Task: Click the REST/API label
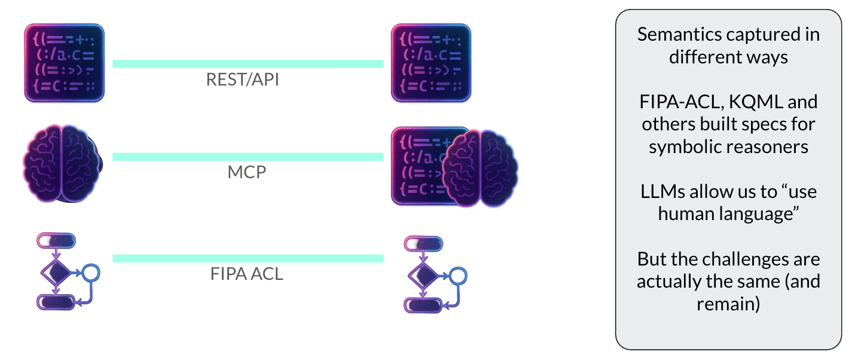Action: click(x=242, y=80)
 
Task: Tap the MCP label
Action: click(x=246, y=172)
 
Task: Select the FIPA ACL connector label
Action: click(x=246, y=274)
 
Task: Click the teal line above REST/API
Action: click(x=248, y=63)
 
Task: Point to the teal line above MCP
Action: click(x=248, y=157)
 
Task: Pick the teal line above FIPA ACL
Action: click(x=248, y=258)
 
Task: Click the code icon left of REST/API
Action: click(x=64, y=62)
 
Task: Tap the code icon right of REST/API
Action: click(x=430, y=62)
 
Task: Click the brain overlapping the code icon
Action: click(x=479, y=168)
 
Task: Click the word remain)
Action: click(x=728, y=304)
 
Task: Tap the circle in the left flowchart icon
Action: click(x=91, y=273)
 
